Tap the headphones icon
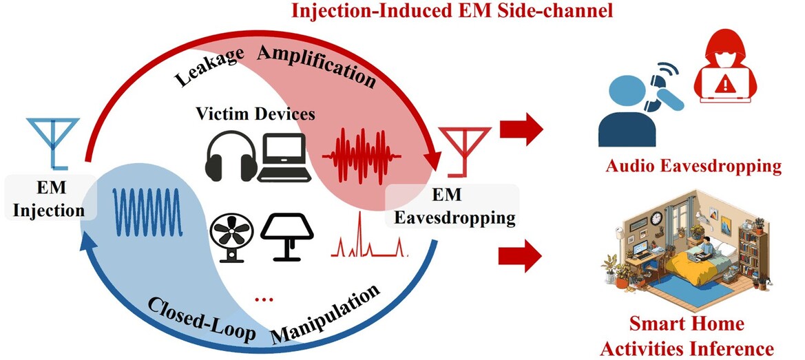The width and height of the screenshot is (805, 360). [x=231, y=156]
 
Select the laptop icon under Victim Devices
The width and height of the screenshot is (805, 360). [x=284, y=157]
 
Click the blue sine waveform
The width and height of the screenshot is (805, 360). [x=148, y=212]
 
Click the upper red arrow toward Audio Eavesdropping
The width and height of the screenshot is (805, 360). [x=521, y=129]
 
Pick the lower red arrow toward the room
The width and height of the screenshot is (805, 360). [x=520, y=257]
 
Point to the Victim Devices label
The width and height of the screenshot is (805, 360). [x=255, y=113]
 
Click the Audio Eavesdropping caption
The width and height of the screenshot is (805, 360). [x=693, y=166]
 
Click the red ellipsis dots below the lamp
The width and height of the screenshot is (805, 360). [x=261, y=299]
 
